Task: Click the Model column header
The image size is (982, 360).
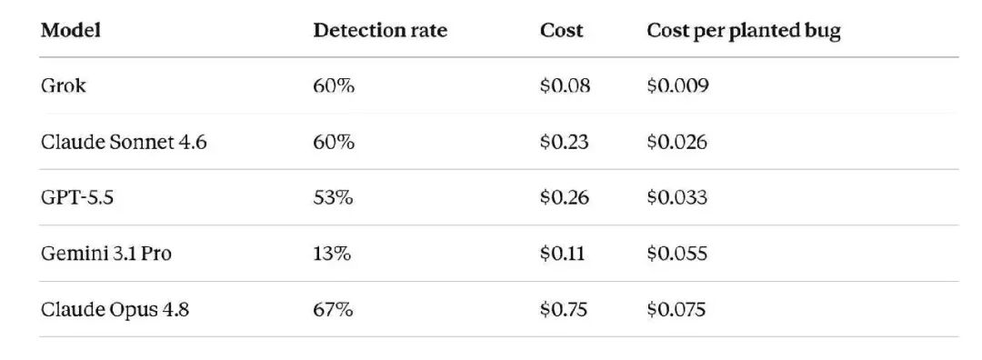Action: (x=70, y=31)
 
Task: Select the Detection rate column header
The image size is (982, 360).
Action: (x=380, y=31)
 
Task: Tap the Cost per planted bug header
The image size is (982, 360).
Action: (x=744, y=31)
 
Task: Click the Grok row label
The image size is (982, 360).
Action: (x=64, y=85)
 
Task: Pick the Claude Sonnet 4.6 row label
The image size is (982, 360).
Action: (x=124, y=142)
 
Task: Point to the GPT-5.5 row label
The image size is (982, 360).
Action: (x=77, y=198)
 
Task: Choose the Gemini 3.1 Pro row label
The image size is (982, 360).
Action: (x=105, y=254)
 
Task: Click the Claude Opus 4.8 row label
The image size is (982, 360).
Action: (x=115, y=310)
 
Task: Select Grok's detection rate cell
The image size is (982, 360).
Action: (x=334, y=85)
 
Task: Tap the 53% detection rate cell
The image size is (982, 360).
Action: (x=333, y=198)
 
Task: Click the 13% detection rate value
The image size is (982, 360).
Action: (x=332, y=254)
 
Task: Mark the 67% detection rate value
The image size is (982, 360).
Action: (x=333, y=310)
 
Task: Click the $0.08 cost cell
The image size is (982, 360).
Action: (x=565, y=85)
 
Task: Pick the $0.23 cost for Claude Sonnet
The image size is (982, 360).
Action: (x=565, y=142)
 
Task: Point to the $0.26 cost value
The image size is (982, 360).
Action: (x=565, y=198)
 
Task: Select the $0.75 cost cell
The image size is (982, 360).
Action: (x=564, y=310)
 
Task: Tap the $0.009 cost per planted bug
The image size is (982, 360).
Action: (x=677, y=85)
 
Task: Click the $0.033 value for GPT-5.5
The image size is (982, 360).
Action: (x=677, y=198)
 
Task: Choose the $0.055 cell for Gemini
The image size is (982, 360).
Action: (x=677, y=254)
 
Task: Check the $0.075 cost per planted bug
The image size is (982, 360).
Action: (x=676, y=310)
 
